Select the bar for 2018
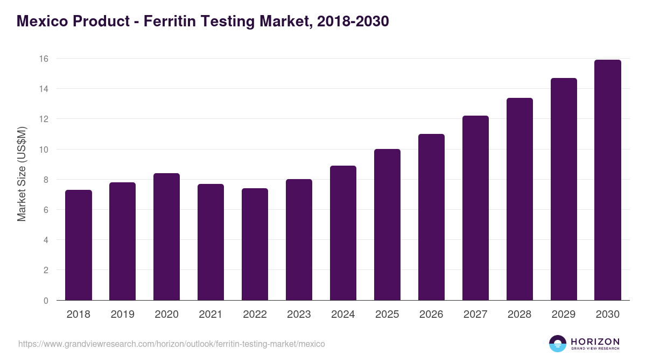point(79,245)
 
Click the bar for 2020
point(166,237)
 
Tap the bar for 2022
point(255,244)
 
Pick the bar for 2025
point(387,224)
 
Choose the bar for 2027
point(475,208)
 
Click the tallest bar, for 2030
point(608,180)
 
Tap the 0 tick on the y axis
point(46,301)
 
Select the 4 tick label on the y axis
point(46,240)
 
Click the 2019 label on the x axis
point(122,315)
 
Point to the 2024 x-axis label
point(343,315)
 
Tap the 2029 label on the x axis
point(564,315)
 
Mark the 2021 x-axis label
point(210,315)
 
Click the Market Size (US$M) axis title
point(22,174)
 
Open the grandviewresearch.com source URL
point(172,344)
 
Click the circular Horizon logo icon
point(558,344)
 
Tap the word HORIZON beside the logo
point(595,341)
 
